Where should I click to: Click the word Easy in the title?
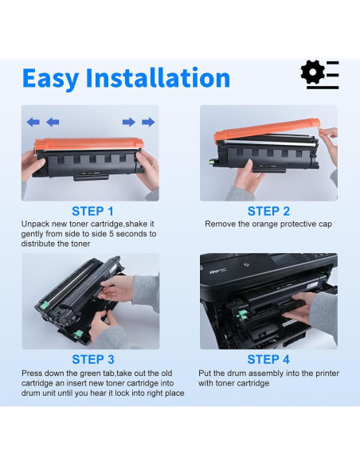click(x=50, y=78)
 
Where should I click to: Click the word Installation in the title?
click(x=158, y=77)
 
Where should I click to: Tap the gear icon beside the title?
click(x=312, y=72)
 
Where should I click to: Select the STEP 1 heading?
click(x=92, y=212)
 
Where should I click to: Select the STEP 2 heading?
click(x=268, y=212)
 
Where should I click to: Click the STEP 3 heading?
click(x=93, y=359)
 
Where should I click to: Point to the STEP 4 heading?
click(x=268, y=359)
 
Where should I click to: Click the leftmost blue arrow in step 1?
click(x=33, y=122)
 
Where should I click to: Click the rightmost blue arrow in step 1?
click(x=148, y=122)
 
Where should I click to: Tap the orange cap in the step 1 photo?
click(x=89, y=144)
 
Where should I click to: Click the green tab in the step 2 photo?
click(x=213, y=162)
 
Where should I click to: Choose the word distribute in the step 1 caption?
click(x=37, y=244)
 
